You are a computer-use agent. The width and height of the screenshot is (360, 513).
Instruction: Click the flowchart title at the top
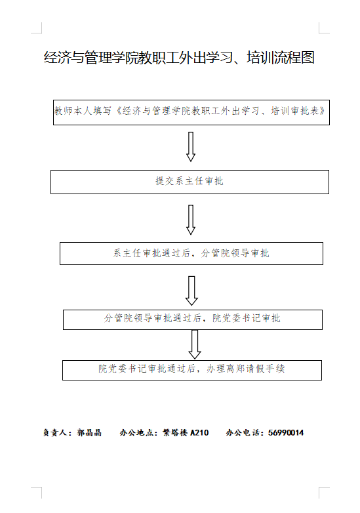(x=179, y=58)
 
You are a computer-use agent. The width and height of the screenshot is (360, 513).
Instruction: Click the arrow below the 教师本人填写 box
(x=191, y=147)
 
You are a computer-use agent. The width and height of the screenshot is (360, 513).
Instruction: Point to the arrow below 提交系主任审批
(x=191, y=220)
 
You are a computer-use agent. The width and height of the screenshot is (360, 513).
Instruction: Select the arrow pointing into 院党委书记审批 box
(x=191, y=291)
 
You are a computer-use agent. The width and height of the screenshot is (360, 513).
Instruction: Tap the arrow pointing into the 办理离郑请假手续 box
(x=195, y=344)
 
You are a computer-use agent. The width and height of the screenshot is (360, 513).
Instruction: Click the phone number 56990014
(x=286, y=433)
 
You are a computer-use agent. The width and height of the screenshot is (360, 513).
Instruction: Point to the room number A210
(x=199, y=433)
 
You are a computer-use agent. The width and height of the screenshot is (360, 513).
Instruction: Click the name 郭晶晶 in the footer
(x=89, y=433)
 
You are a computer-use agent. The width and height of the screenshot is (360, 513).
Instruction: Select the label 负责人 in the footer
(x=55, y=433)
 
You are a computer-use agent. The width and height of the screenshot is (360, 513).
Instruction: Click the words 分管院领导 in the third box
(x=226, y=253)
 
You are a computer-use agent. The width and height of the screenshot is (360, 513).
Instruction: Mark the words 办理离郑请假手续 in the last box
(x=245, y=369)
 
